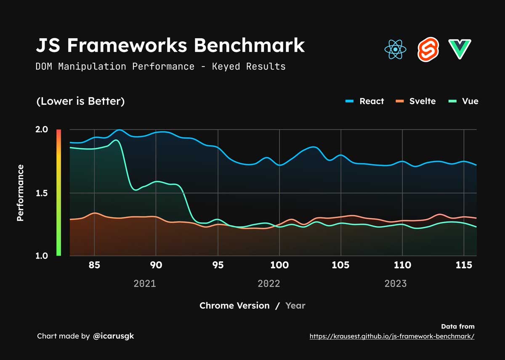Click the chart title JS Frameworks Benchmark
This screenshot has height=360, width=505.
pyautogui.click(x=170, y=45)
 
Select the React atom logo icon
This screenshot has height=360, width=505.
pyautogui.click(x=395, y=49)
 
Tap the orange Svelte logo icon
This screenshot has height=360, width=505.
pyautogui.click(x=428, y=49)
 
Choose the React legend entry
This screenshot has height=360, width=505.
pyautogui.click(x=365, y=101)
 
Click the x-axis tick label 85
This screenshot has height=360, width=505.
pyautogui.click(x=95, y=265)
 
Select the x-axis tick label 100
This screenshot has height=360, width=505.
pyautogui.click(x=279, y=265)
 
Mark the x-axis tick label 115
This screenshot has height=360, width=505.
pyautogui.click(x=463, y=265)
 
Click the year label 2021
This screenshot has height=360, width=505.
pyautogui.click(x=145, y=283)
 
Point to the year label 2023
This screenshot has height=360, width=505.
pyautogui.click(x=396, y=283)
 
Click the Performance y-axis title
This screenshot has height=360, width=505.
pyautogui.click(x=20, y=193)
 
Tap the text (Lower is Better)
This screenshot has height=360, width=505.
pyautogui.click(x=80, y=101)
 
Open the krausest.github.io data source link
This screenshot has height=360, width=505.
pyautogui.click(x=392, y=336)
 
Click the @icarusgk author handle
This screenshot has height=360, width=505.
pyautogui.click(x=113, y=336)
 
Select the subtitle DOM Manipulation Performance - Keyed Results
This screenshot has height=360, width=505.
pyautogui.click(x=160, y=67)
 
